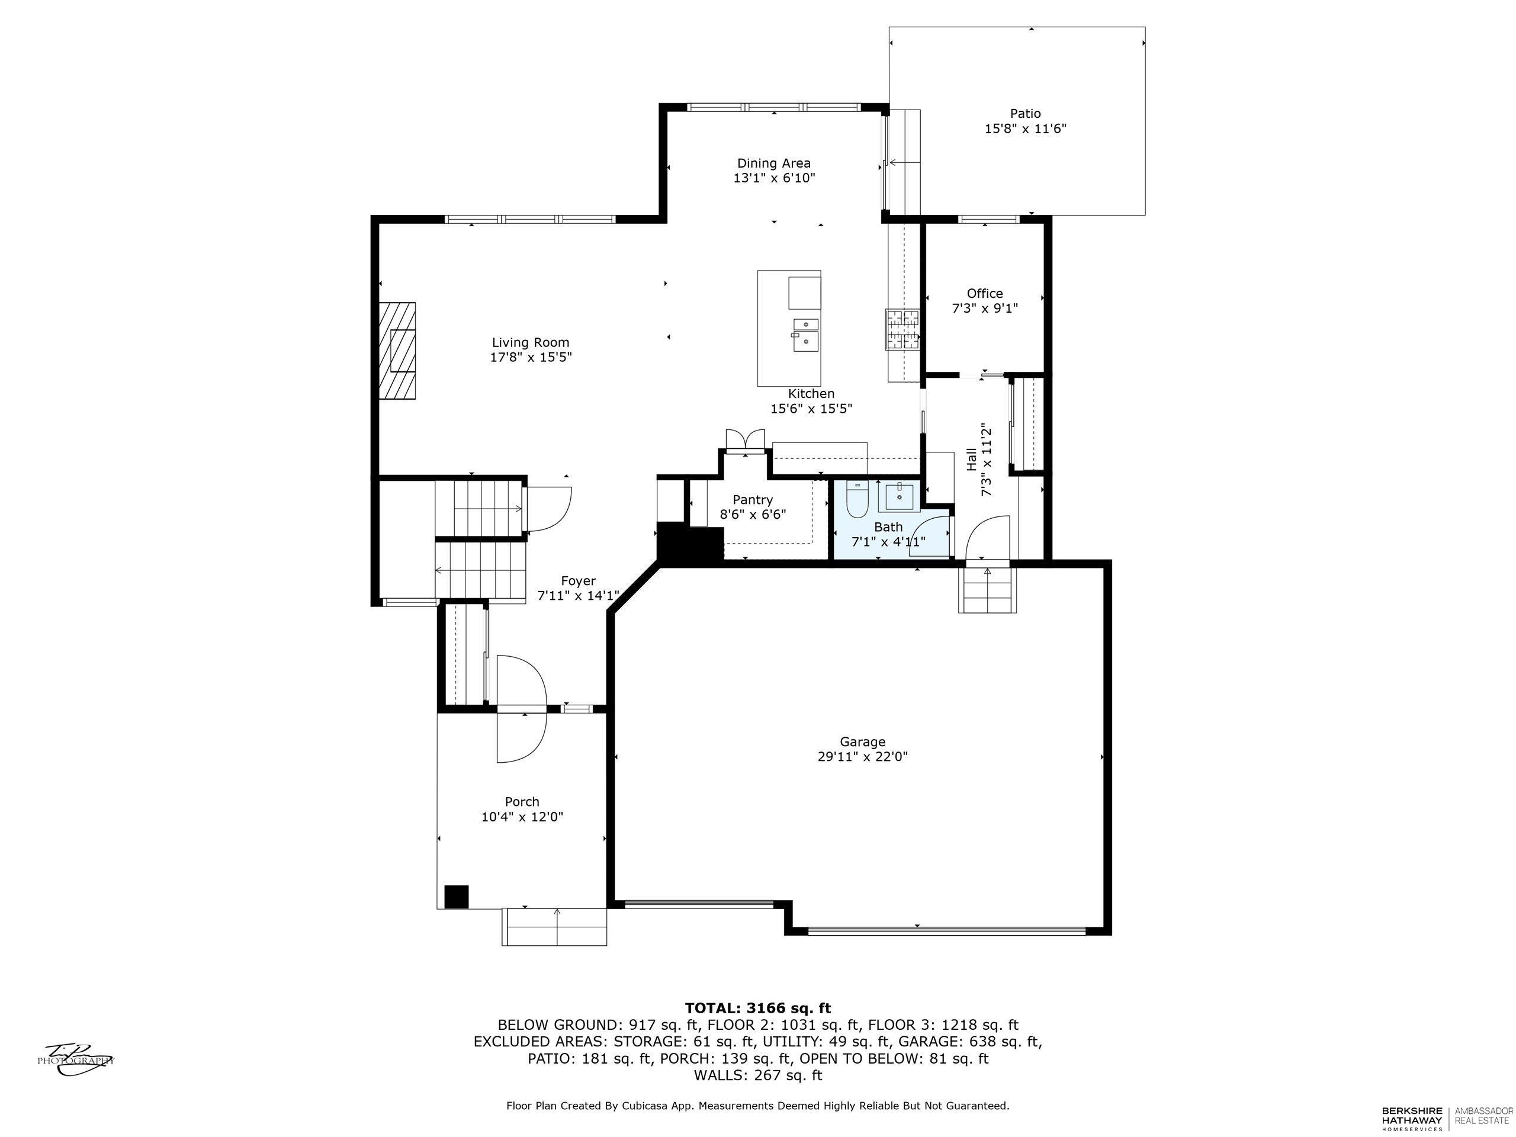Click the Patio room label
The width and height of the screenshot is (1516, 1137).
point(1024,114)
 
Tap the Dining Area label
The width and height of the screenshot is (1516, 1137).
point(774,163)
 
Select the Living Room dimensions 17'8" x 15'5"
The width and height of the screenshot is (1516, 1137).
point(531,357)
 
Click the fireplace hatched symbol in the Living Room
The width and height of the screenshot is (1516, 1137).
point(397,351)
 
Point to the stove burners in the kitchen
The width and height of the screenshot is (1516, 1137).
point(902,330)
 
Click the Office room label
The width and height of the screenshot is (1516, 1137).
point(985,293)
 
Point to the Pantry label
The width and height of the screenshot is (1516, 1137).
point(753,500)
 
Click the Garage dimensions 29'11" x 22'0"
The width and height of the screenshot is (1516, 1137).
point(863,757)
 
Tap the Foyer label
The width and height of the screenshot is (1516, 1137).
point(579,581)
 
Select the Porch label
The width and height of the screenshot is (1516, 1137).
point(522,801)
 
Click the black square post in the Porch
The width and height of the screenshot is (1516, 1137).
point(457,897)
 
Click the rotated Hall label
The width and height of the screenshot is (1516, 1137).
point(972,459)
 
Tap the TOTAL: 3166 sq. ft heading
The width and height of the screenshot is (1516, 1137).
point(758,1007)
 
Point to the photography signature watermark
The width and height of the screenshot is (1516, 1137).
point(75,1059)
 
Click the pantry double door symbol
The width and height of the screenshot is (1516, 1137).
point(744,439)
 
